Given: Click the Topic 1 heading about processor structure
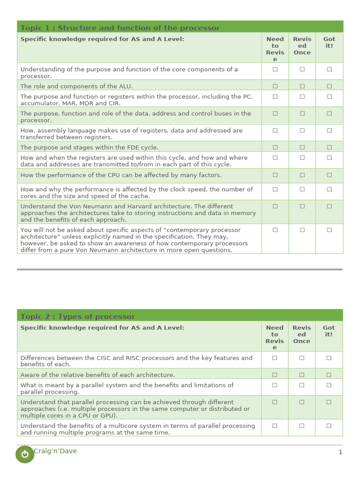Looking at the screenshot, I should [120, 28].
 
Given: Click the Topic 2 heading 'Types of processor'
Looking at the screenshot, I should [78, 317].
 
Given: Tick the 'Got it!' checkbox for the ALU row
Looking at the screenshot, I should [329, 86].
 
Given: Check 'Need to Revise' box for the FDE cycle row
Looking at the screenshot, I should [275, 147].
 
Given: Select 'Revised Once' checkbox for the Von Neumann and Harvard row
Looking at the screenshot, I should [302, 206].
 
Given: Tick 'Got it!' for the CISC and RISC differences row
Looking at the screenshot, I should [329, 358].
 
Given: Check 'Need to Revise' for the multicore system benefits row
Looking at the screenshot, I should [275, 426].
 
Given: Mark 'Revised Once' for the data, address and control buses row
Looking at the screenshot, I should [302, 113].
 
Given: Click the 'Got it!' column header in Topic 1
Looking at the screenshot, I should [329, 43].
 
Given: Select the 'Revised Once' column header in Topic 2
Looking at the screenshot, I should [301, 334].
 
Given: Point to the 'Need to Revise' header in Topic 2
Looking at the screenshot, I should [275, 337].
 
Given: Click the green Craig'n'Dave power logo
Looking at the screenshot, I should [25, 454].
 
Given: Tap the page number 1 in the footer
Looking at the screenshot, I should [340, 452].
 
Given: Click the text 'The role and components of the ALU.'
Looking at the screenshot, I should [76, 86].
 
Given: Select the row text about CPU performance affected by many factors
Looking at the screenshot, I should [121, 175].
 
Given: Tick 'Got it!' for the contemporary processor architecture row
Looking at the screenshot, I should [329, 230].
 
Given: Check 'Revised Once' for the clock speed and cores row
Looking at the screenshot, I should [302, 189].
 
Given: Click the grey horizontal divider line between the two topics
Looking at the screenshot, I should [180, 270].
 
